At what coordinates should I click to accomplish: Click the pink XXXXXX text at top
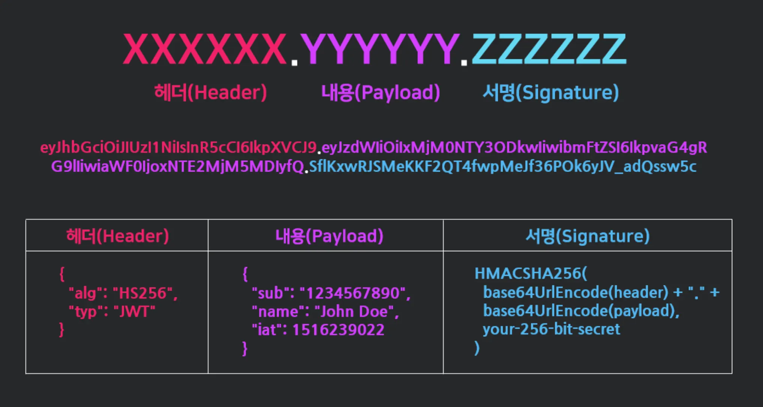tap(205, 49)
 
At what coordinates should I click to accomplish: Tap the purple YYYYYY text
tap(380, 49)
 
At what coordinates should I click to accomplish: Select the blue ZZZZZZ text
tap(549, 49)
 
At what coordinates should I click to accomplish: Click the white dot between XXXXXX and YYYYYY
tap(294, 63)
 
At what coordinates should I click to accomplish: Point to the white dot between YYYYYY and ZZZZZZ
tap(464, 63)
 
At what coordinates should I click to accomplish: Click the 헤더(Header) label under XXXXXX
tap(210, 92)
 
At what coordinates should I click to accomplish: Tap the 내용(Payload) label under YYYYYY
tap(380, 92)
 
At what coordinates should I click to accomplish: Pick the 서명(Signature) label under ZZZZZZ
tap(550, 92)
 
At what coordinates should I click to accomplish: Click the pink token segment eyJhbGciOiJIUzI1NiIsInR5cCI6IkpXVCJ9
tap(179, 148)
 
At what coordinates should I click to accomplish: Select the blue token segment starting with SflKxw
tap(503, 166)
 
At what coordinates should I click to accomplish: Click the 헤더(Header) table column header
tap(117, 236)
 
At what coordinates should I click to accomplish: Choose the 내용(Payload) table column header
tap(329, 236)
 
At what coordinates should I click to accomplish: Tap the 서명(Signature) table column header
tap(587, 236)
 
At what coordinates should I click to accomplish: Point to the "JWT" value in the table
tap(134, 312)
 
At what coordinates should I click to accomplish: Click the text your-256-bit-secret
tap(551, 329)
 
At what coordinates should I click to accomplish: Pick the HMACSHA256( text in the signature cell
tap(530, 274)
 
